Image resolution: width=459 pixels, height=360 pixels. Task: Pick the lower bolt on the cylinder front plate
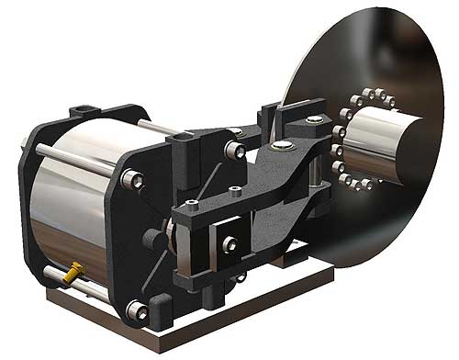click(137, 310)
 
